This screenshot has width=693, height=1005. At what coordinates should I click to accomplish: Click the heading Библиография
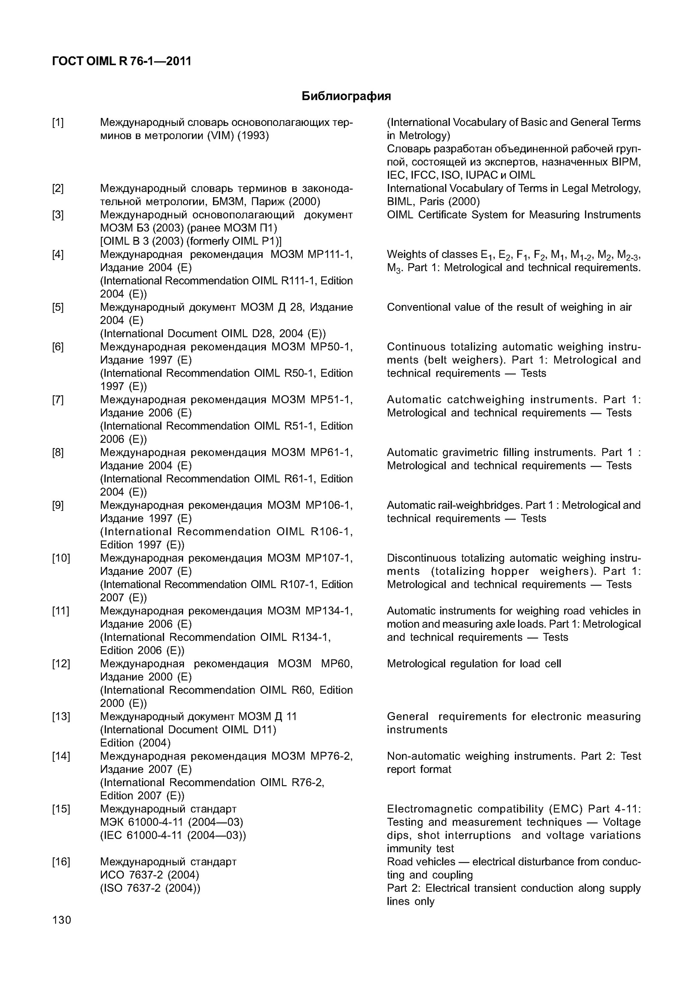coord(346,96)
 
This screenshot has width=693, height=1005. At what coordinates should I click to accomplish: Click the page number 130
coord(62,920)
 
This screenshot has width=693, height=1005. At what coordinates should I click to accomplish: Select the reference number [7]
coord(58,400)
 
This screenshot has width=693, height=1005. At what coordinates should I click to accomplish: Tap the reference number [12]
coord(60,664)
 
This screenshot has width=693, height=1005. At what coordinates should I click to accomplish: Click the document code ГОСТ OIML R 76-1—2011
coord(122,61)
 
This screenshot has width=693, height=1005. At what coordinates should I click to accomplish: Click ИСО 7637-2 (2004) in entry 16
coord(149,875)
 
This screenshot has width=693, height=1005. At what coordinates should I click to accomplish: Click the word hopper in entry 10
coord(510,571)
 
